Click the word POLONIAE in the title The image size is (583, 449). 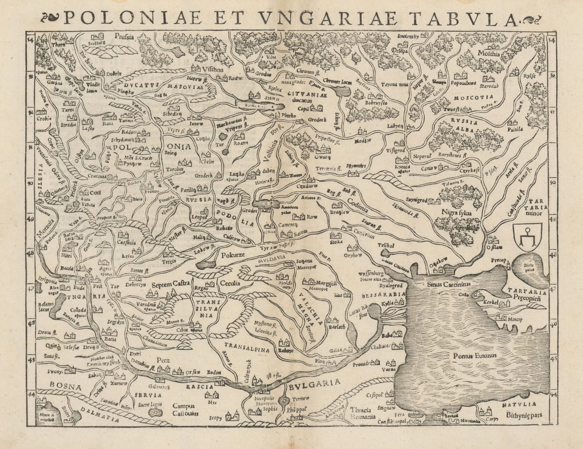coord(132,18)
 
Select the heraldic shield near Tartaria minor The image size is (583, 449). coord(528,237)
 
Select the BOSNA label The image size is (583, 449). coord(59,386)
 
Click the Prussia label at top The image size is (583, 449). coord(123,37)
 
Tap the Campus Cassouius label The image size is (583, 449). coord(185,409)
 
